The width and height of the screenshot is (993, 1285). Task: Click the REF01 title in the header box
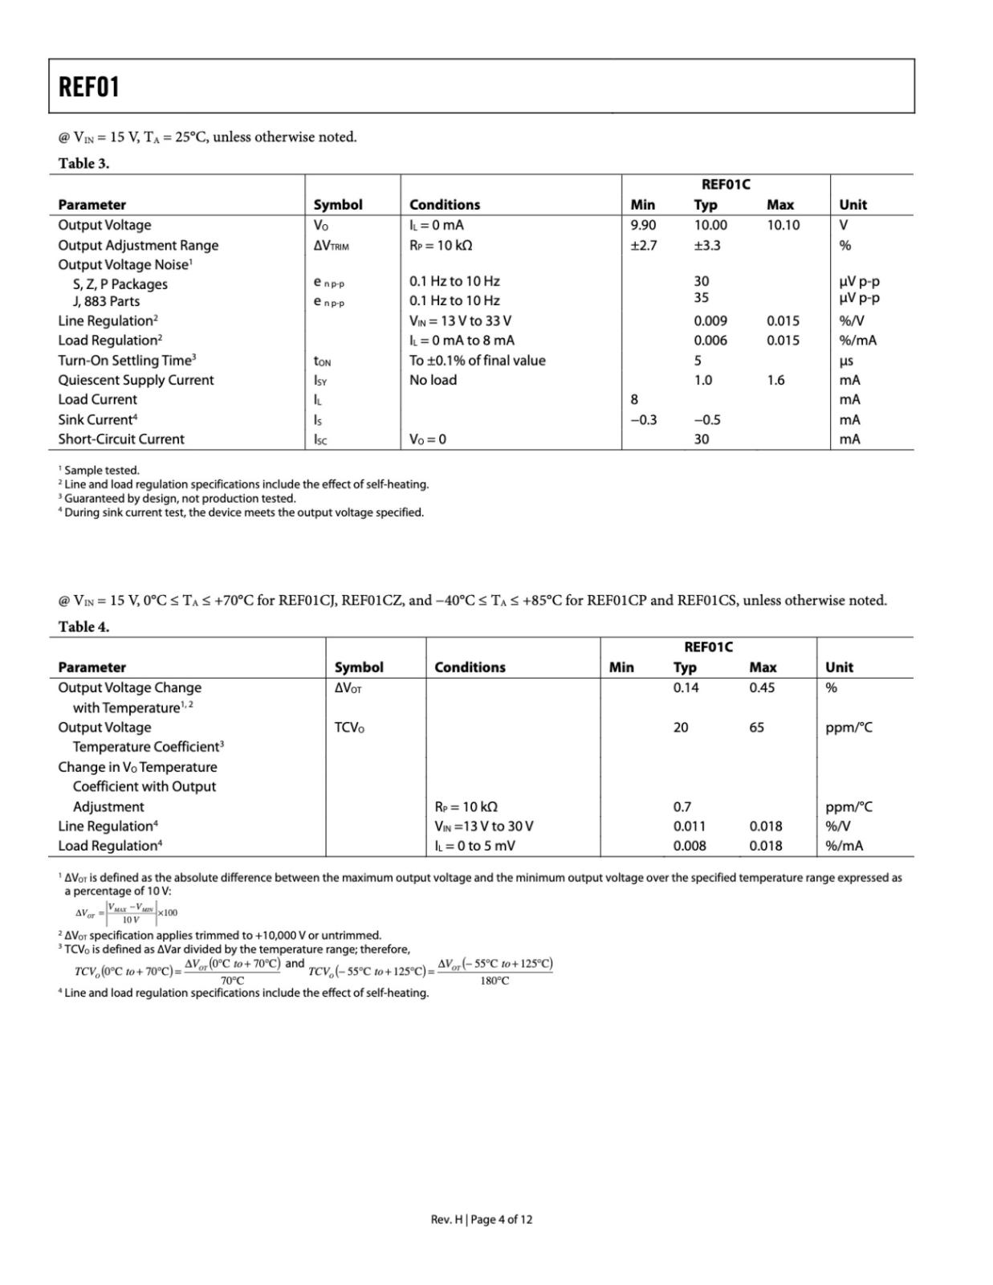pos(89,87)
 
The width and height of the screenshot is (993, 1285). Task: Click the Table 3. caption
pos(83,163)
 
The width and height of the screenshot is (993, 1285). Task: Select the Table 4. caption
pos(83,626)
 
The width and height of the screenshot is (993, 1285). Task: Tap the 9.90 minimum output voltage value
pos(643,226)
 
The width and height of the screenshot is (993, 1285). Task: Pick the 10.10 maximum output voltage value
pos(783,226)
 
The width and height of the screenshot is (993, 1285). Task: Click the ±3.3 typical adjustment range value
pos(707,246)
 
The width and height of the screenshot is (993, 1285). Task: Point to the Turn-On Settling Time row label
pos(127,360)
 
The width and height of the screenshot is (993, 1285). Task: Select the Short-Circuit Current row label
pos(121,439)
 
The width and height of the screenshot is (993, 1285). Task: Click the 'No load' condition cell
pos(433,380)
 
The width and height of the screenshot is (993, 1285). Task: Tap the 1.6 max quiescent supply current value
pos(775,380)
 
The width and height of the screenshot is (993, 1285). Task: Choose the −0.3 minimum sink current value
pos(644,419)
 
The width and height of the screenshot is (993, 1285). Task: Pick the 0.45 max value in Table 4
pos(762,687)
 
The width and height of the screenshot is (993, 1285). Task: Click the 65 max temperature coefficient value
pos(756,728)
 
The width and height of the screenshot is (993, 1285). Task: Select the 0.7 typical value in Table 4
pos(682,806)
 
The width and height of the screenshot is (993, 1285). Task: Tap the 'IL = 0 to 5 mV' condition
pos(474,846)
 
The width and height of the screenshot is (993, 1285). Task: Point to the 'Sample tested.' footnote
pos(102,471)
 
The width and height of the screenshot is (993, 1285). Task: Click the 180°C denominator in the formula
pos(494,981)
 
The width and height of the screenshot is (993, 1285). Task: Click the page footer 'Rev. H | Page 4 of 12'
pos(481,1219)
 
